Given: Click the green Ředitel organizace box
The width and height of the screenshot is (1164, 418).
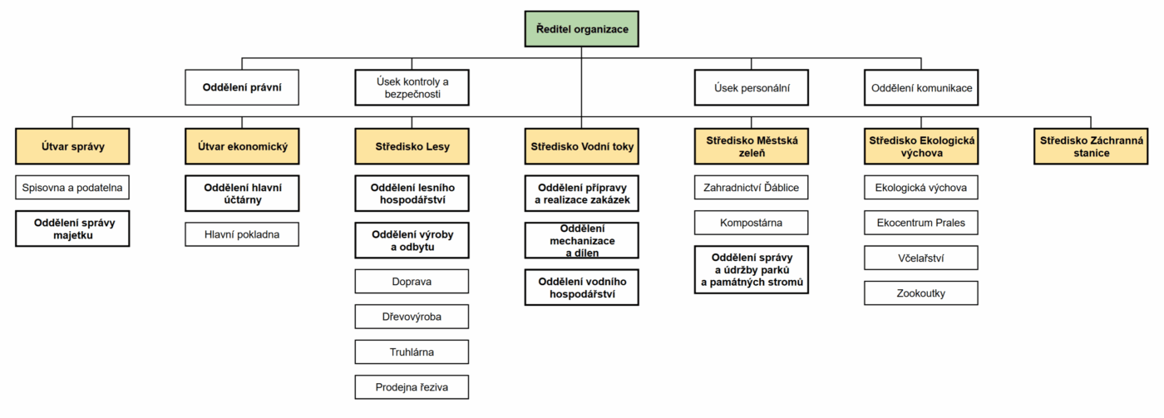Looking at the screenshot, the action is pyautogui.click(x=581, y=29).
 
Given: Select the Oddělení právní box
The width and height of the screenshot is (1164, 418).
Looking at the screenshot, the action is pyautogui.click(x=242, y=87).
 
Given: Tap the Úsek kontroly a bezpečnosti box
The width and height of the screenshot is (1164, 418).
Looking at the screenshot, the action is pyautogui.click(x=412, y=87).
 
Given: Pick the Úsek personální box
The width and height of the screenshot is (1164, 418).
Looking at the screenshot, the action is pyautogui.click(x=752, y=87).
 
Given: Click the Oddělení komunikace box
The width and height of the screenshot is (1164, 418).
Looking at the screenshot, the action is pyautogui.click(x=921, y=87).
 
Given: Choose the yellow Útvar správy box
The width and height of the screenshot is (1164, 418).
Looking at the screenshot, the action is pyautogui.click(x=72, y=146).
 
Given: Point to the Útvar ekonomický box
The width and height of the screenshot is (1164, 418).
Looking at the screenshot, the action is pyautogui.click(x=242, y=146).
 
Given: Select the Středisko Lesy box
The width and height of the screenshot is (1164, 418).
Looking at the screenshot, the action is pyautogui.click(x=412, y=146).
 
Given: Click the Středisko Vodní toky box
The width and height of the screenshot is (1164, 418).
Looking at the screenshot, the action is pyautogui.click(x=581, y=146).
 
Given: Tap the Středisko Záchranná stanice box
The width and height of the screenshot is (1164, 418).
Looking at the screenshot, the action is pyautogui.click(x=1091, y=146).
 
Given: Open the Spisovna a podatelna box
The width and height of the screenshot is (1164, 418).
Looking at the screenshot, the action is pyautogui.click(x=72, y=188).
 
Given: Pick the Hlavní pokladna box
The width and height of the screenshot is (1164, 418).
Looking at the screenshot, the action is pyautogui.click(x=242, y=234).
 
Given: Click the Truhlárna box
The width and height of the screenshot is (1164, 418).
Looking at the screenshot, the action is pyautogui.click(x=412, y=352).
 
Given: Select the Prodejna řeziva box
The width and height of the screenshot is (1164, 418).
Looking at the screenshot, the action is pyautogui.click(x=412, y=387).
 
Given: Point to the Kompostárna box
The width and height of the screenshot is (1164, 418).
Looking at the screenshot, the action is pyautogui.click(x=752, y=223).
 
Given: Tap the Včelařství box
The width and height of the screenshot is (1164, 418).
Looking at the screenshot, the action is pyautogui.click(x=921, y=258).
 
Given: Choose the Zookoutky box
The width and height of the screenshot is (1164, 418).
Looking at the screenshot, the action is pyautogui.click(x=921, y=293).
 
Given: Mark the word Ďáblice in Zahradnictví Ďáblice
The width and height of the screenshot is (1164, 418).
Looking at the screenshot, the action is pyautogui.click(x=781, y=187).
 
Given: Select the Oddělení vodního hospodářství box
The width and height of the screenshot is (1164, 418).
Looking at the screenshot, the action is pyautogui.click(x=581, y=288).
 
